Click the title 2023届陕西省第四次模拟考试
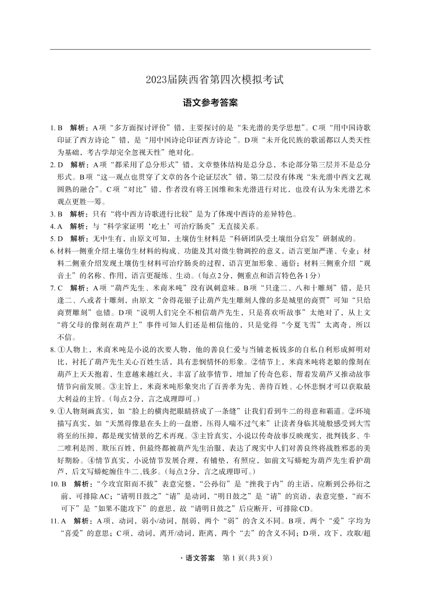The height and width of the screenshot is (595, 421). point(210,80)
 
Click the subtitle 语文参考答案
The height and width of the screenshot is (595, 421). point(210,103)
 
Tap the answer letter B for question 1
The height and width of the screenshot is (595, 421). point(60,128)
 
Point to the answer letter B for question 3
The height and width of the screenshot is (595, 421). point(60,214)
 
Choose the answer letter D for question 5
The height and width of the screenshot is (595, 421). point(60,238)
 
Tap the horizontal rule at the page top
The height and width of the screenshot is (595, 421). point(210,49)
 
